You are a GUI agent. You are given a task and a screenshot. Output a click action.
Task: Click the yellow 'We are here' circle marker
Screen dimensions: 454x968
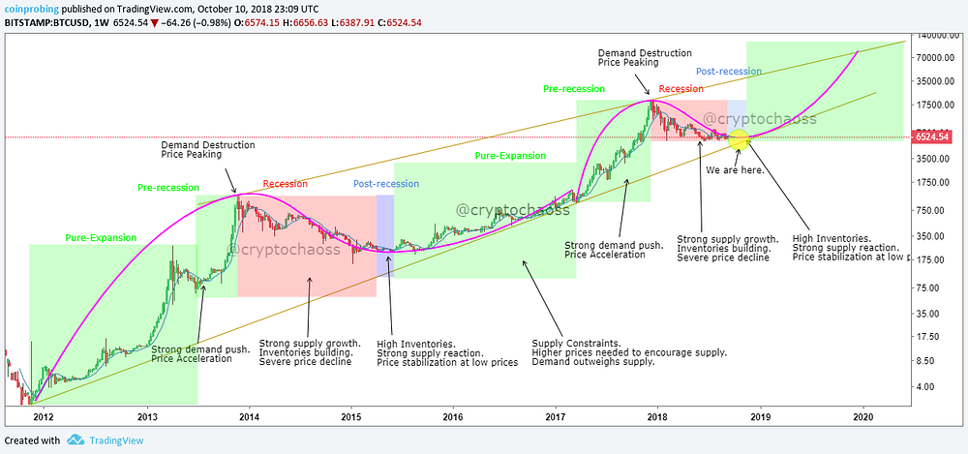pos(739,139)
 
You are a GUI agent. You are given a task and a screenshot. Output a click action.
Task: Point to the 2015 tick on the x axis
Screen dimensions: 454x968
pos(350,416)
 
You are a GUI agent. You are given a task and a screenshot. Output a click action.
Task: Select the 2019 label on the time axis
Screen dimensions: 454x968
pos(760,416)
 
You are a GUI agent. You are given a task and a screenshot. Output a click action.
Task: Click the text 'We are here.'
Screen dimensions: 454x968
pos(736,169)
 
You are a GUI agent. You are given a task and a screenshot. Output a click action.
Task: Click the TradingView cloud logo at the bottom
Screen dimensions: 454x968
pos(76,440)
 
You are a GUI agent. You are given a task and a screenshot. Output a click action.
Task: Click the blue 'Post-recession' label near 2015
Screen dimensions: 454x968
pos(385,184)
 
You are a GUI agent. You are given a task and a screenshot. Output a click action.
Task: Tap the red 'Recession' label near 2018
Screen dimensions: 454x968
pos(681,89)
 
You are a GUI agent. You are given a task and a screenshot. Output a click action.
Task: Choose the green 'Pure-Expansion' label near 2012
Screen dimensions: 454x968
pos(101,237)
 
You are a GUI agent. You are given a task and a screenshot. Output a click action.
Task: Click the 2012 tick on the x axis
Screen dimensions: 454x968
pos(43,416)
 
